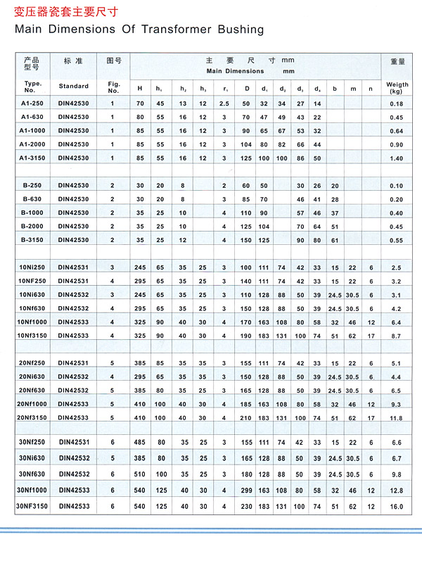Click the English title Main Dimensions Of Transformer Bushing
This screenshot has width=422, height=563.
(139, 30)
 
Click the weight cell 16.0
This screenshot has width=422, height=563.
(396, 506)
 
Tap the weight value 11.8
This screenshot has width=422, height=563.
(396, 418)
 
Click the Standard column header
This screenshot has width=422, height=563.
(74, 86)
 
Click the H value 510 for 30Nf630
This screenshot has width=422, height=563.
(139, 474)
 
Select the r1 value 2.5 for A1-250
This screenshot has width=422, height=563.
(224, 104)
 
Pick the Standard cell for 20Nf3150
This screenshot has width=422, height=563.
(73, 418)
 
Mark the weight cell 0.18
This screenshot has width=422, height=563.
(396, 104)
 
